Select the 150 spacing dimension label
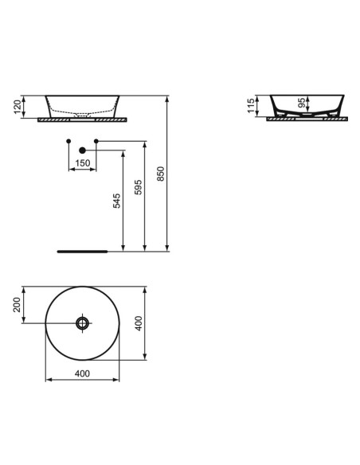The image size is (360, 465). click(x=82, y=163)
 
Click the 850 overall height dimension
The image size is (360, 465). click(x=161, y=175)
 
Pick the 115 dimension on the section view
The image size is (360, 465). click(x=251, y=107)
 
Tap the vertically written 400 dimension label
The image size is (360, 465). click(x=139, y=322)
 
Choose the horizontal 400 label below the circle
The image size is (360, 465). click(x=82, y=373)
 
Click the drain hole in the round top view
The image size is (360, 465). click(x=83, y=322)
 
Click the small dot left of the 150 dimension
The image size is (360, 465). click(x=68, y=142)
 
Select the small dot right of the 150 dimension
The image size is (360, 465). click(x=96, y=142)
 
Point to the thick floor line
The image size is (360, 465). click(x=82, y=250)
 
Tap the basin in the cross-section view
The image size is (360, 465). click(x=306, y=106)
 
